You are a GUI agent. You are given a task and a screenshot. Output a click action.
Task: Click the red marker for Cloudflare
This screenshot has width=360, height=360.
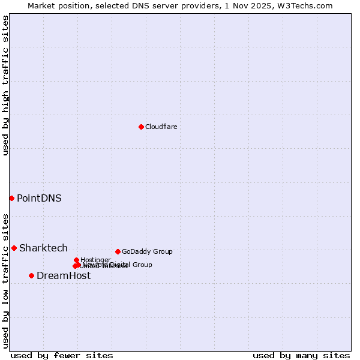pos(141,127)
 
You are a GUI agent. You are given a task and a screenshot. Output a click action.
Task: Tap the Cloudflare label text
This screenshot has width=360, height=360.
pos(161,127)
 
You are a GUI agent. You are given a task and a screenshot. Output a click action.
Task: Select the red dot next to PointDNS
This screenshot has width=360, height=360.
pos(11,198)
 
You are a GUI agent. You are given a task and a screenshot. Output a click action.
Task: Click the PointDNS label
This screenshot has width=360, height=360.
pos(39,198)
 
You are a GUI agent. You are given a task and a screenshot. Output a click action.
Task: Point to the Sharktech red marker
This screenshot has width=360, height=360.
pos(14,248)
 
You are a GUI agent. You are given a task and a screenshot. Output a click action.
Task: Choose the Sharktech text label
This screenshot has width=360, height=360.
pos(43,248)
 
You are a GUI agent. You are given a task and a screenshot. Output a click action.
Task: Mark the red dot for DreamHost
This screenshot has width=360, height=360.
pos(31,275)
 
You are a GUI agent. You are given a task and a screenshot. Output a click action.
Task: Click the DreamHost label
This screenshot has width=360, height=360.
pos(64,275)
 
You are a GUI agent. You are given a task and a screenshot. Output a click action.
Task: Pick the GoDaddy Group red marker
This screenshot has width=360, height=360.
pos(118,251)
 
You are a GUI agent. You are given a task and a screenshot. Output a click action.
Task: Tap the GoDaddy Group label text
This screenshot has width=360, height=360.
pos(147,251)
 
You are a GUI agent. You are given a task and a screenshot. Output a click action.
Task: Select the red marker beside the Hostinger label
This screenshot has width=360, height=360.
pos(76,260)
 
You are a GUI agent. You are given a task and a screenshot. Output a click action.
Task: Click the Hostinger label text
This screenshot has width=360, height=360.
pos(96,259)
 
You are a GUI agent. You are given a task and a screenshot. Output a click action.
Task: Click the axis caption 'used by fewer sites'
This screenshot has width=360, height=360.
pos(62,355)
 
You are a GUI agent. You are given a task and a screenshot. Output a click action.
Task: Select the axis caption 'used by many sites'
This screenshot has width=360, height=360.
pos(301,355)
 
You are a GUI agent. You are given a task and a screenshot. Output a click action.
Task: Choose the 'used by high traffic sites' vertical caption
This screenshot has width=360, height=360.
pos(5,85)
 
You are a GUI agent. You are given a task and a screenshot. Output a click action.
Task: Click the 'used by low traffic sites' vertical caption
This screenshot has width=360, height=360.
pos(5,281)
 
